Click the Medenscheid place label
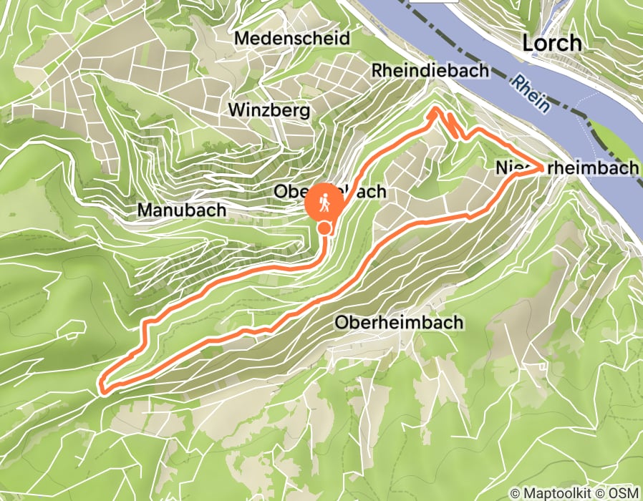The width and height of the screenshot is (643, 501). click(292, 38)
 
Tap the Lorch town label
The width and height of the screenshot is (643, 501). click(551, 43)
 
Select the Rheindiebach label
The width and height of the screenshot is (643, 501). click(430, 70)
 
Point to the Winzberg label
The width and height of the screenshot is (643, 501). click(269, 110)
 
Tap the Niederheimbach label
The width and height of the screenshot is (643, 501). click(566, 167)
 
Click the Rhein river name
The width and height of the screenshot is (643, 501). click(531, 94)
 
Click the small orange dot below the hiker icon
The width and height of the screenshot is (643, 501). click(324, 228)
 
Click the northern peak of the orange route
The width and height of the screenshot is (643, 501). click(435, 111)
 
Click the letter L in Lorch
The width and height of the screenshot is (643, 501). click(527, 43)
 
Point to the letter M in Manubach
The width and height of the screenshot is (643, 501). click(144, 210)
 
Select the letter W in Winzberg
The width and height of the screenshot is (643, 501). click(236, 110)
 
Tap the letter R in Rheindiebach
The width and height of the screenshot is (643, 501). click(377, 70)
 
